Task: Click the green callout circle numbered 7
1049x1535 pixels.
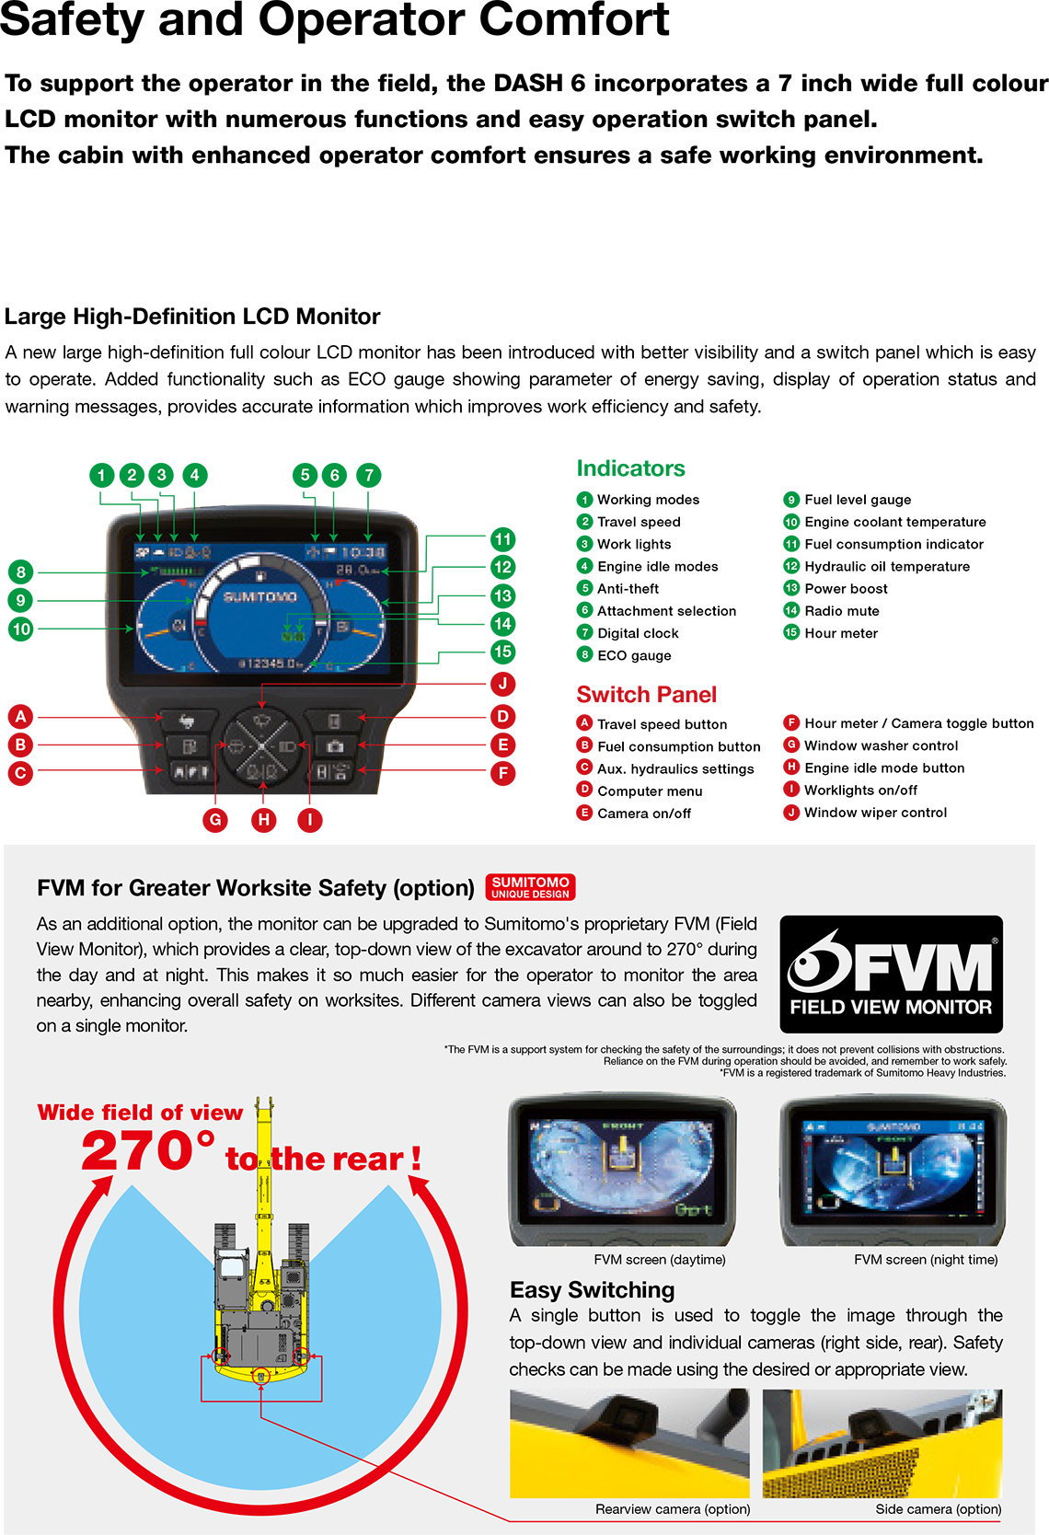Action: pos(368,475)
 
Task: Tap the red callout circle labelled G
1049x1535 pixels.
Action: pos(215,820)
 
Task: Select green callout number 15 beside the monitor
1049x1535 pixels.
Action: pos(502,652)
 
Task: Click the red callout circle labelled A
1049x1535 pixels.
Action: pos(20,716)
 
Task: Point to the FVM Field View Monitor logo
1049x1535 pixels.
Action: pos(891,974)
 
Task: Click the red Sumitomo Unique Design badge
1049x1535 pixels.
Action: pos(530,887)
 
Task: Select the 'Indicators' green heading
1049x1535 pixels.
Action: pos(630,468)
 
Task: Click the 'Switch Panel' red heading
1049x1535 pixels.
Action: pos(646,695)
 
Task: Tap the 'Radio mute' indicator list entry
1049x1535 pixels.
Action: pos(841,611)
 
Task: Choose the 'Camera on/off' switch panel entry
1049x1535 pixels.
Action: pos(643,814)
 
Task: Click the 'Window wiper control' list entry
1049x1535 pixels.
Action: pos(874,813)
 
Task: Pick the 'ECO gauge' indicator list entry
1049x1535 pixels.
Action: pos(633,655)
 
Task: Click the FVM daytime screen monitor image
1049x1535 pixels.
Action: pos(623,1169)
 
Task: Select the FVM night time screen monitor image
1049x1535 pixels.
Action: pos(893,1169)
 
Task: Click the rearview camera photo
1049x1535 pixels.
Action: pos(629,1443)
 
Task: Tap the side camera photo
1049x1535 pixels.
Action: pos(882,1443)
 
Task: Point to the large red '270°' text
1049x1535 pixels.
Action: pos(147,1151)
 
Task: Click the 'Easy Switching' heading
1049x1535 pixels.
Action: pos(592,1290)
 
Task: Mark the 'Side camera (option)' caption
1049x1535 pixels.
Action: pos(938,1509)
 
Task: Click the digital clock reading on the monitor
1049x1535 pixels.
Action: pos(363,552)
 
